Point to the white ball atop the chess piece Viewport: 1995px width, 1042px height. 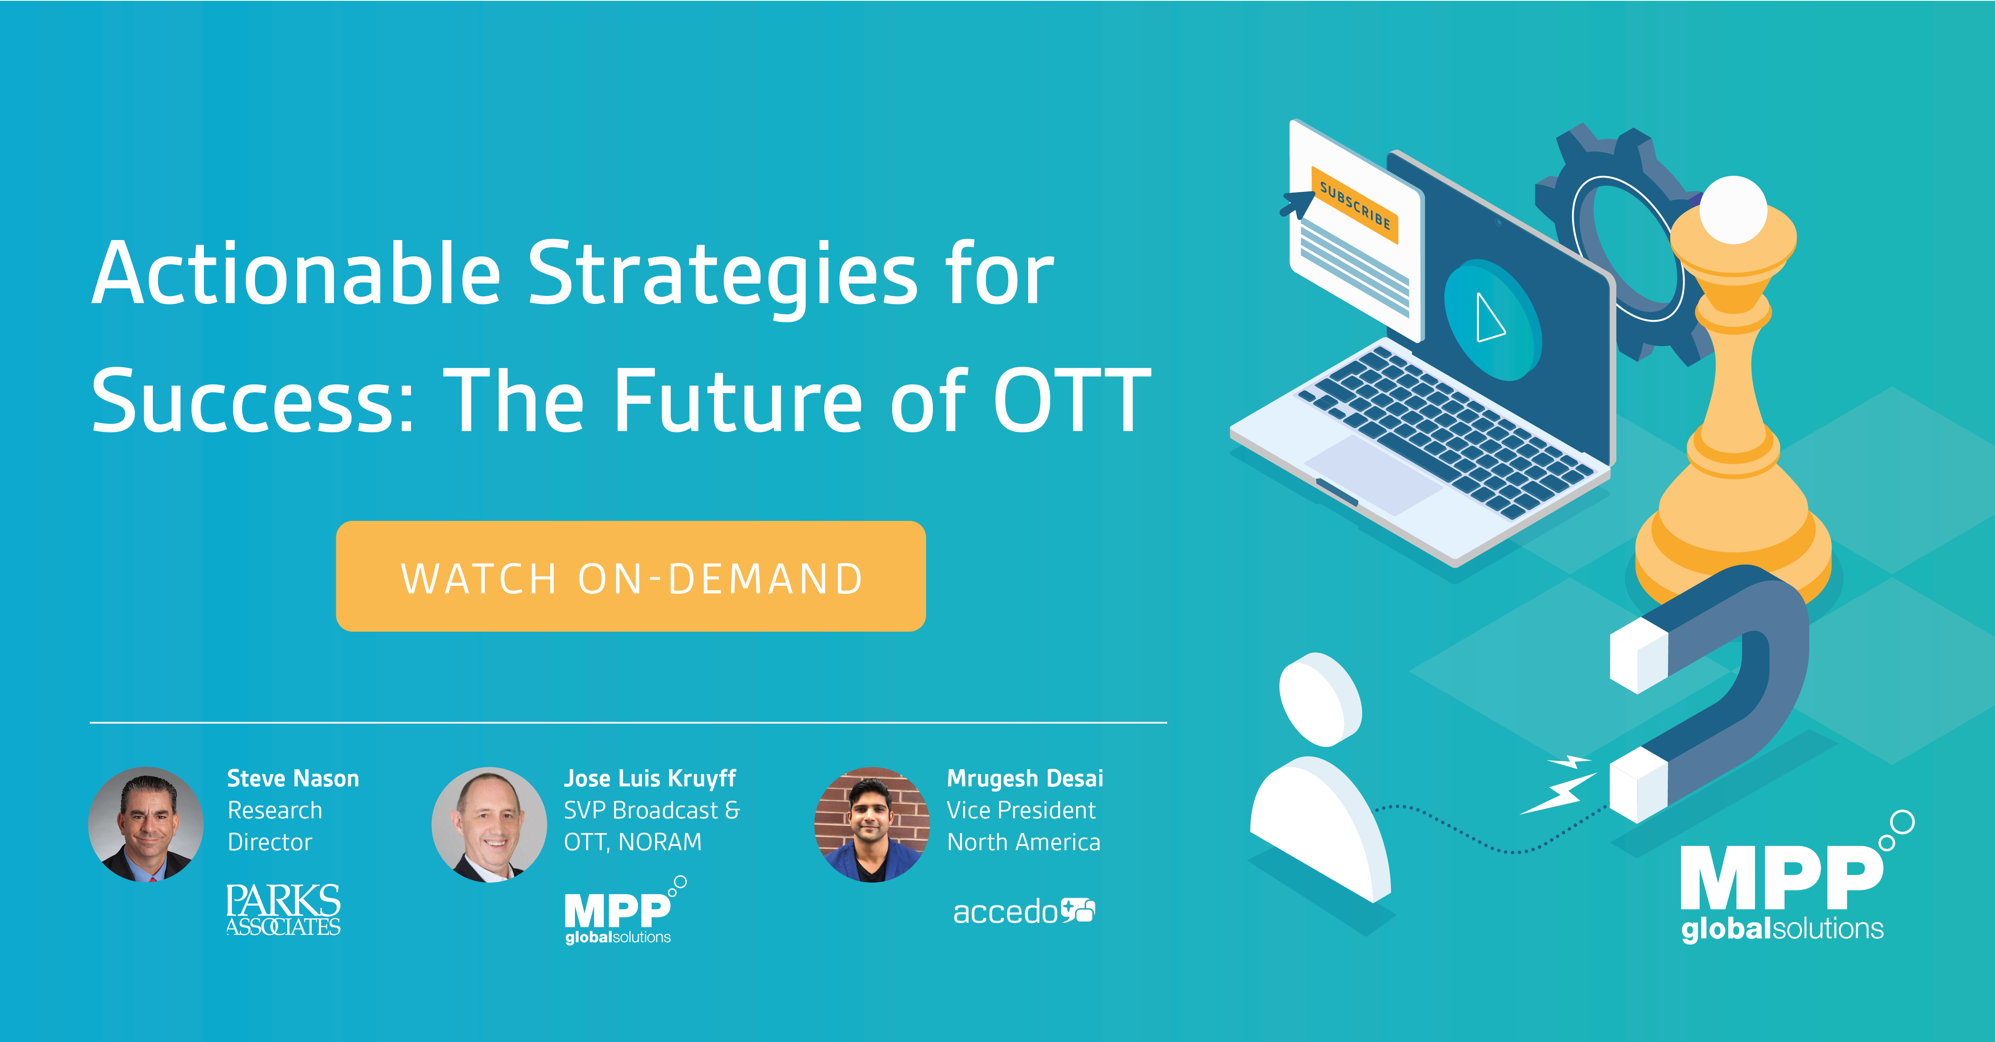[1732, 209]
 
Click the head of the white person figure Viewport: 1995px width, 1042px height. [1320, 699]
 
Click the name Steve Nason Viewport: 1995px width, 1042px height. [293, 778]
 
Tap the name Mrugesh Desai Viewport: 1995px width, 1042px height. [1025, 778]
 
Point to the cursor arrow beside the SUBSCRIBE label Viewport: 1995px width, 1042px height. [1297, 203]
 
